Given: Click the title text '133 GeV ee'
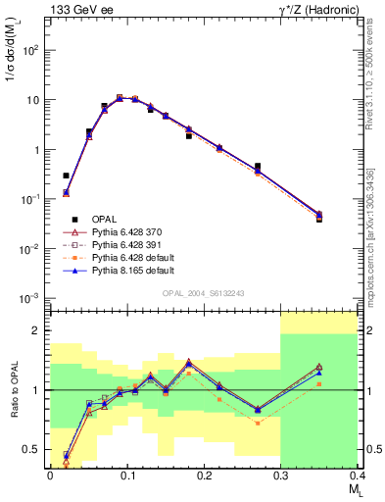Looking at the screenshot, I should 79,9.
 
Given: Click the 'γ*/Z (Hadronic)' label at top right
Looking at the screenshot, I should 312,9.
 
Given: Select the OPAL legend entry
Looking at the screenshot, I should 100,220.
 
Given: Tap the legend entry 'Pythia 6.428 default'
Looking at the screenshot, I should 130,258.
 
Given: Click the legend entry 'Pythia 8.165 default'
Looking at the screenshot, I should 130,271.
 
